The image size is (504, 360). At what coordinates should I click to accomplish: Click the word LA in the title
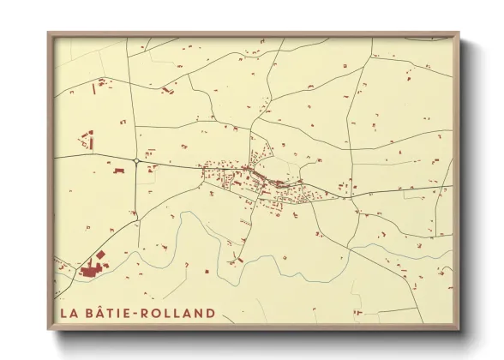(x=69, y=313)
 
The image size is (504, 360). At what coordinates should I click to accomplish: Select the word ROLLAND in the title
(x=182, y=313)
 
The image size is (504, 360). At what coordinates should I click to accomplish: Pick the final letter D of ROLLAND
(x=210, y=313)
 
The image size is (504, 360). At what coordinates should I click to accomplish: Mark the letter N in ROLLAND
(x=199, y=313)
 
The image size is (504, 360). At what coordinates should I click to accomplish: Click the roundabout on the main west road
(x=136, y=160)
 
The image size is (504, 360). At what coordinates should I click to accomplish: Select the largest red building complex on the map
(x=91, y=270)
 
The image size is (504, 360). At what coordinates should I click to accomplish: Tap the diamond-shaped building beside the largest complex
(x=100, y=255)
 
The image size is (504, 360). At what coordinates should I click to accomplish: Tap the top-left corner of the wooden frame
(x=49, y=33)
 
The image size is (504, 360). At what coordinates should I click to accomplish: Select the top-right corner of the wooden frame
(x=459, y=33)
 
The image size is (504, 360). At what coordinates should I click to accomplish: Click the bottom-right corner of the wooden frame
(x=459, y=330)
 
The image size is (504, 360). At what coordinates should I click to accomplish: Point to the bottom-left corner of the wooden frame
(x=49, y=330)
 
